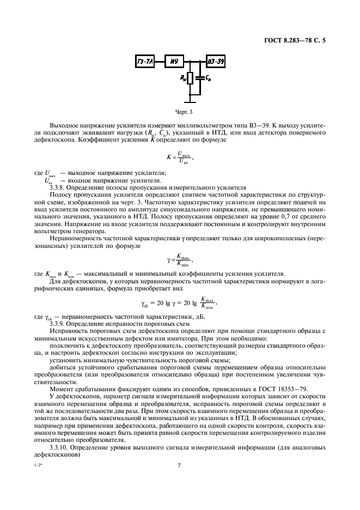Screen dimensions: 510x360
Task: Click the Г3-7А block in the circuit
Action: (x=144, y=62)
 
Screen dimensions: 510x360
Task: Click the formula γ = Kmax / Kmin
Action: (x=180, y=259)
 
